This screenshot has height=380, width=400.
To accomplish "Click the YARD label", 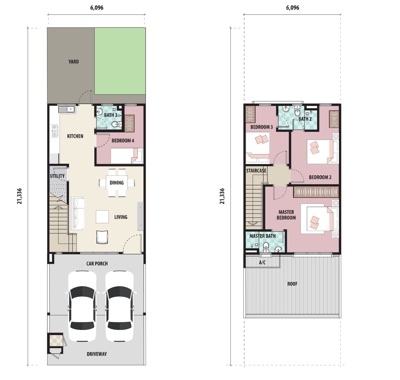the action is tap(74, 62).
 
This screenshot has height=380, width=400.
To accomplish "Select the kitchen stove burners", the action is tap(55, 131).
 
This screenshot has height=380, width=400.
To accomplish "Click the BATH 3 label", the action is tap(111, 115).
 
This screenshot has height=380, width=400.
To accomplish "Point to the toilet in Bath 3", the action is tap(117, 124).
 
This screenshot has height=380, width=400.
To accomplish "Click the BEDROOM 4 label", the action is tap(123, 141).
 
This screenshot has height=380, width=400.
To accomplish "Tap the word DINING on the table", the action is tap(117, 183).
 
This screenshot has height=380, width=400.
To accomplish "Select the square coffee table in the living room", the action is tap(102, 217).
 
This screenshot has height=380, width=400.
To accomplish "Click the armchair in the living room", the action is tap(102, 237).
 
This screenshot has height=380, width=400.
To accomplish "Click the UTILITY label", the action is tap(57, 176).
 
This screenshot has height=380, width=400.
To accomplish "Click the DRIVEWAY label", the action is tap(97, 354).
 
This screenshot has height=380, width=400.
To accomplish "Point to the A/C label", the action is tap(262, 262).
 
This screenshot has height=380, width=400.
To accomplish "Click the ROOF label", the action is tap(292, 284).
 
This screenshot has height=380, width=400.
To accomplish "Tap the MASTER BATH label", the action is tap(263, 236).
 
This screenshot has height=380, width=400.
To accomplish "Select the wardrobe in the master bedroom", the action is tap(316, 192).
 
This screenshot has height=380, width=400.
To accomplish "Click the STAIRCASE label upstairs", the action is tap(256, 171).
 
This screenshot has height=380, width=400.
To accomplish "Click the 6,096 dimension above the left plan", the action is tap(97, 8).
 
